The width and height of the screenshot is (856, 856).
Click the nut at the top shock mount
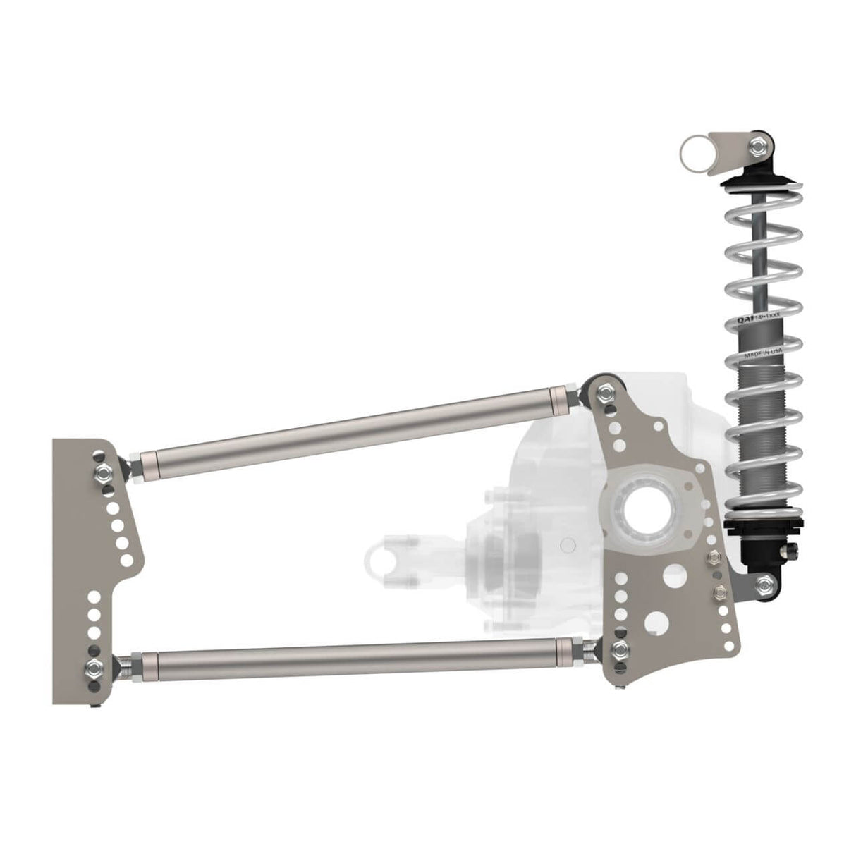(x=759, y=147)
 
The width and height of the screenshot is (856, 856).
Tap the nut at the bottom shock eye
(x=763, y=582)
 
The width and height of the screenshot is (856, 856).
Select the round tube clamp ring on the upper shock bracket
(x=692, y=152)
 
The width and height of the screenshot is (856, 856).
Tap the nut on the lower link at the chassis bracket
(x=93, y=666)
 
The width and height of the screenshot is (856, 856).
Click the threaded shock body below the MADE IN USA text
(x=753, y=423)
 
